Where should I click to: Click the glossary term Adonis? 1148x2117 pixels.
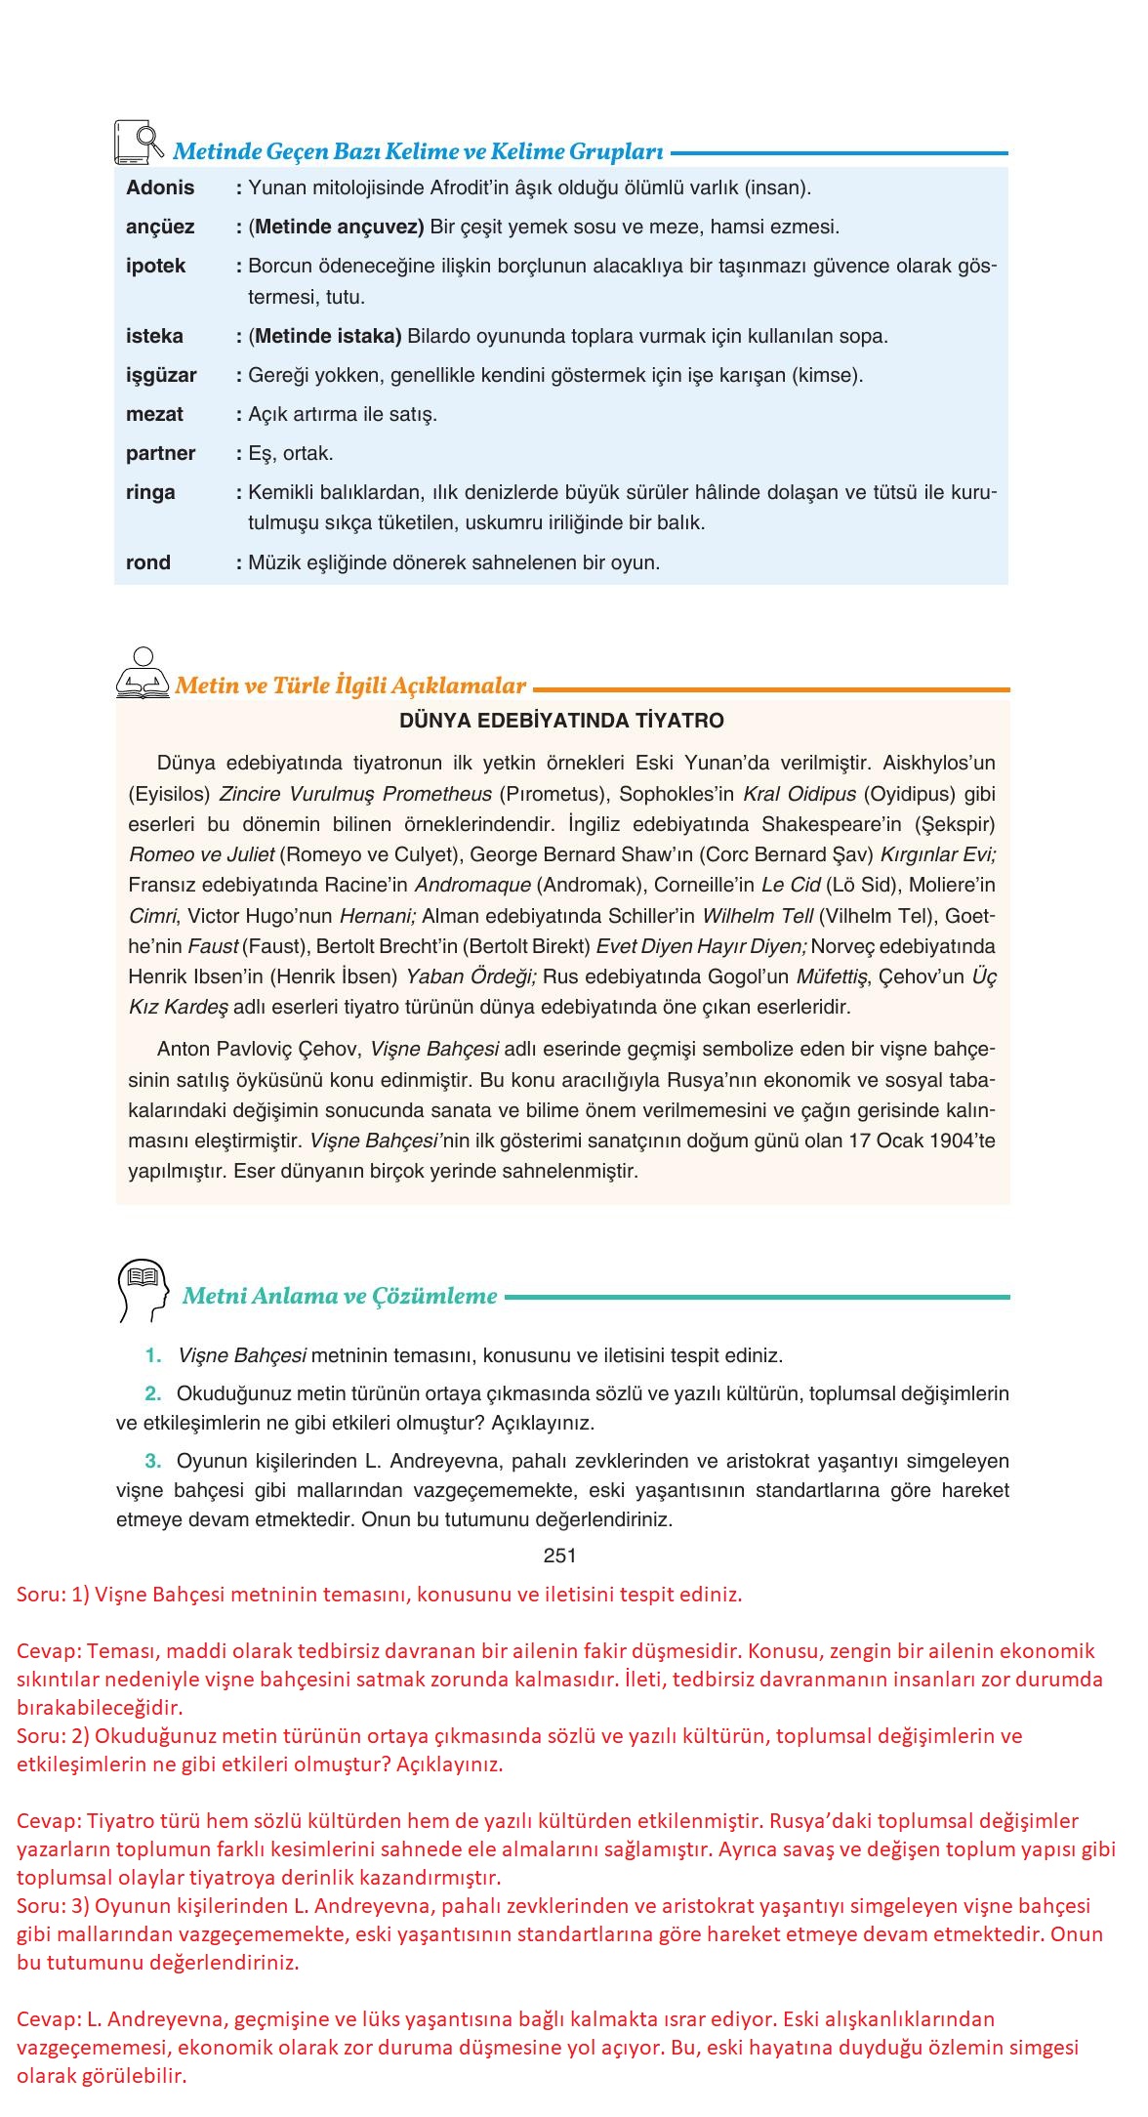pos(160,187)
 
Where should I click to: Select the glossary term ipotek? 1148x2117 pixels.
pos(155,266)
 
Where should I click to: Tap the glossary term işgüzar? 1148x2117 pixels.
pos(161,375)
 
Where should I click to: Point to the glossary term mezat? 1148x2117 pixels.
pos(154,414)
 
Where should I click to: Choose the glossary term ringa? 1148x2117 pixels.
pos(150,492)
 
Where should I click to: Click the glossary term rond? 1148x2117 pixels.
pos(148,562)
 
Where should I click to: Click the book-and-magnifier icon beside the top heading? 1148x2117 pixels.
pos(139,143)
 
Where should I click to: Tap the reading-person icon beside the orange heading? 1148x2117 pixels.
pos(143,674)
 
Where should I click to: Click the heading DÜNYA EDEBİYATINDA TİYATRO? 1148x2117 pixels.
pos(561,721)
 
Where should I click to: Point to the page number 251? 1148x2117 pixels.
pos(560,1556)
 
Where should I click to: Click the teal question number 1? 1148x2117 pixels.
pos(153,1355)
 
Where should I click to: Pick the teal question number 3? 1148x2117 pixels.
pos(153,1461)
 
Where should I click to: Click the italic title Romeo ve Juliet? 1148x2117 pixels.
pos(201,854)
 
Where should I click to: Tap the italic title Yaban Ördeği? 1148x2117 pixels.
pos(471,976)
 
